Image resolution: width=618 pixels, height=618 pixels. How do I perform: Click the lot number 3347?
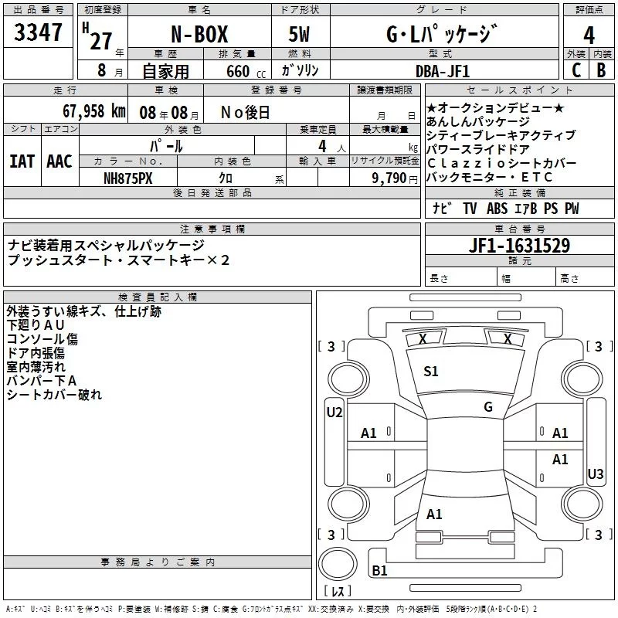click(39, 33)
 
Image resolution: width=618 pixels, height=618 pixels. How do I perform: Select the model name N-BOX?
click(199, 35)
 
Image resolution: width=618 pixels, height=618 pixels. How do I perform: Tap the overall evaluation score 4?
click(589, 34)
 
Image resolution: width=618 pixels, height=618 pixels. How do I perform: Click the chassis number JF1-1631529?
click(520, 246)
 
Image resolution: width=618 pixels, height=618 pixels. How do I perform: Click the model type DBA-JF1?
click(452, 71)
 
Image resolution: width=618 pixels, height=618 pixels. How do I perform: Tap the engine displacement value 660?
click(238, 71)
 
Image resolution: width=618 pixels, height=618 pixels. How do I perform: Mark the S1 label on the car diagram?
click(431, 372)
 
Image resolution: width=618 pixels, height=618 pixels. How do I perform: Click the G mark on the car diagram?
click(487, 407)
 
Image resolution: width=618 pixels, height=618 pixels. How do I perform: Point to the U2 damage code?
click(334, 413)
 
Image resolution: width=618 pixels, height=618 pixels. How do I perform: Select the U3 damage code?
click(595, 474)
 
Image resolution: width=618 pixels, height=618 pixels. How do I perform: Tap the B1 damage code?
click(379, 570)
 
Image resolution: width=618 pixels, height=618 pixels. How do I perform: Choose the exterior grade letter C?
click(576, 70)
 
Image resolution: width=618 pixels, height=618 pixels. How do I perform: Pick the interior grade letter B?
click(601, 70)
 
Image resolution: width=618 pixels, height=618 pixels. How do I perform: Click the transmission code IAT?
click(22, 161)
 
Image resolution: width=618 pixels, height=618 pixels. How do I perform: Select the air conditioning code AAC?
click(59, 161)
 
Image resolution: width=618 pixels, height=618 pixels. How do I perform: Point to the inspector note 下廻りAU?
click(36, 325)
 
